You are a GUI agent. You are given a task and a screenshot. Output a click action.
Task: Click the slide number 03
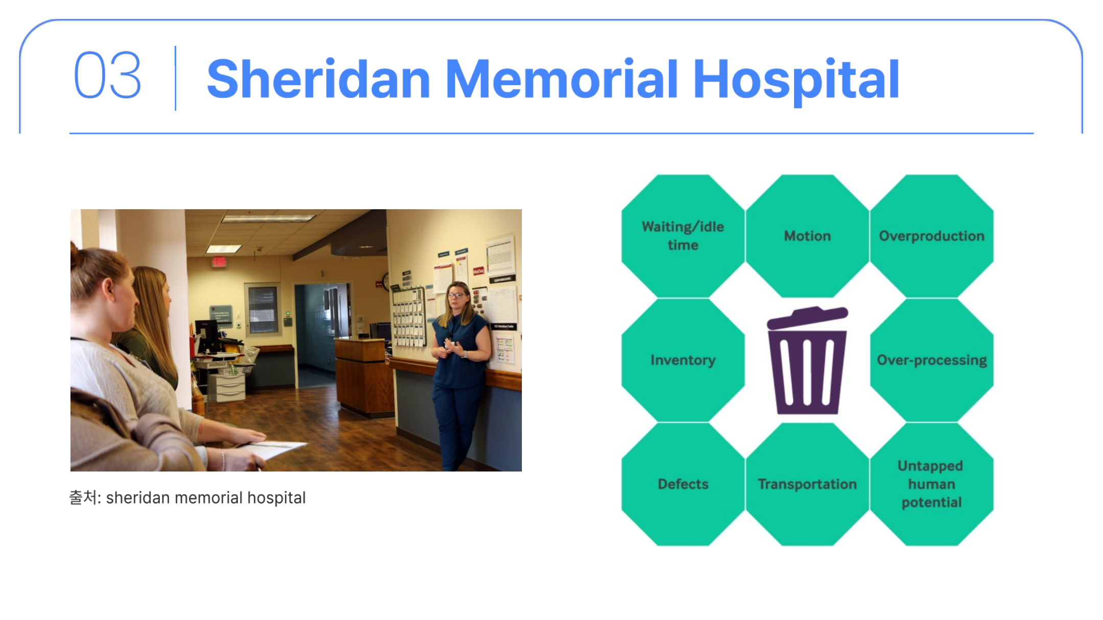(x=108, y=75)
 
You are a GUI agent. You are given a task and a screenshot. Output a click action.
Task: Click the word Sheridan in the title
(x=319, y=79)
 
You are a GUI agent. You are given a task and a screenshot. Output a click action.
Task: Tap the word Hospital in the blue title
(x=796, y=81)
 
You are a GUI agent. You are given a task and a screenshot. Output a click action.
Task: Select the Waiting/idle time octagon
(x=683, y=236)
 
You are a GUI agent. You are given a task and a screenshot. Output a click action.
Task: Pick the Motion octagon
(x=807, y=236)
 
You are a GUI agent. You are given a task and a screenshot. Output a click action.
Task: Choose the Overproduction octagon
(x=932, y=236)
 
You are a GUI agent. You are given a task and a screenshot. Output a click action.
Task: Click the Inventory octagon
(x=683, y=360)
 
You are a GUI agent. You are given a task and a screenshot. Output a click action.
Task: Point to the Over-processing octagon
(x=932, y=360)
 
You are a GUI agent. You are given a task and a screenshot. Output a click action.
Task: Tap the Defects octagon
(x=683, y=484)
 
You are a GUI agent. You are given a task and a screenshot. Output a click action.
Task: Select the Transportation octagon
(x=807, y=484)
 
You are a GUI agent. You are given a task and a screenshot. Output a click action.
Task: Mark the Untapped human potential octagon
(x=932, y=484)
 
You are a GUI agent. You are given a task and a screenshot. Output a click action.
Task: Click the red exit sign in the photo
(x=219, y=262)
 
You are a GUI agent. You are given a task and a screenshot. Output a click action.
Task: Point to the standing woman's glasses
(x=455, y=295)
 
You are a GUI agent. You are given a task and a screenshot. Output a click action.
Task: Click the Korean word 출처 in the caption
(x=82, y=497)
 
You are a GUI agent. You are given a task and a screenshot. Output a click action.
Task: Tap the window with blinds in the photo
(x=262, y=310)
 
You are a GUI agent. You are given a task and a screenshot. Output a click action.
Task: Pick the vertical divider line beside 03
(x=176, y=78)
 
